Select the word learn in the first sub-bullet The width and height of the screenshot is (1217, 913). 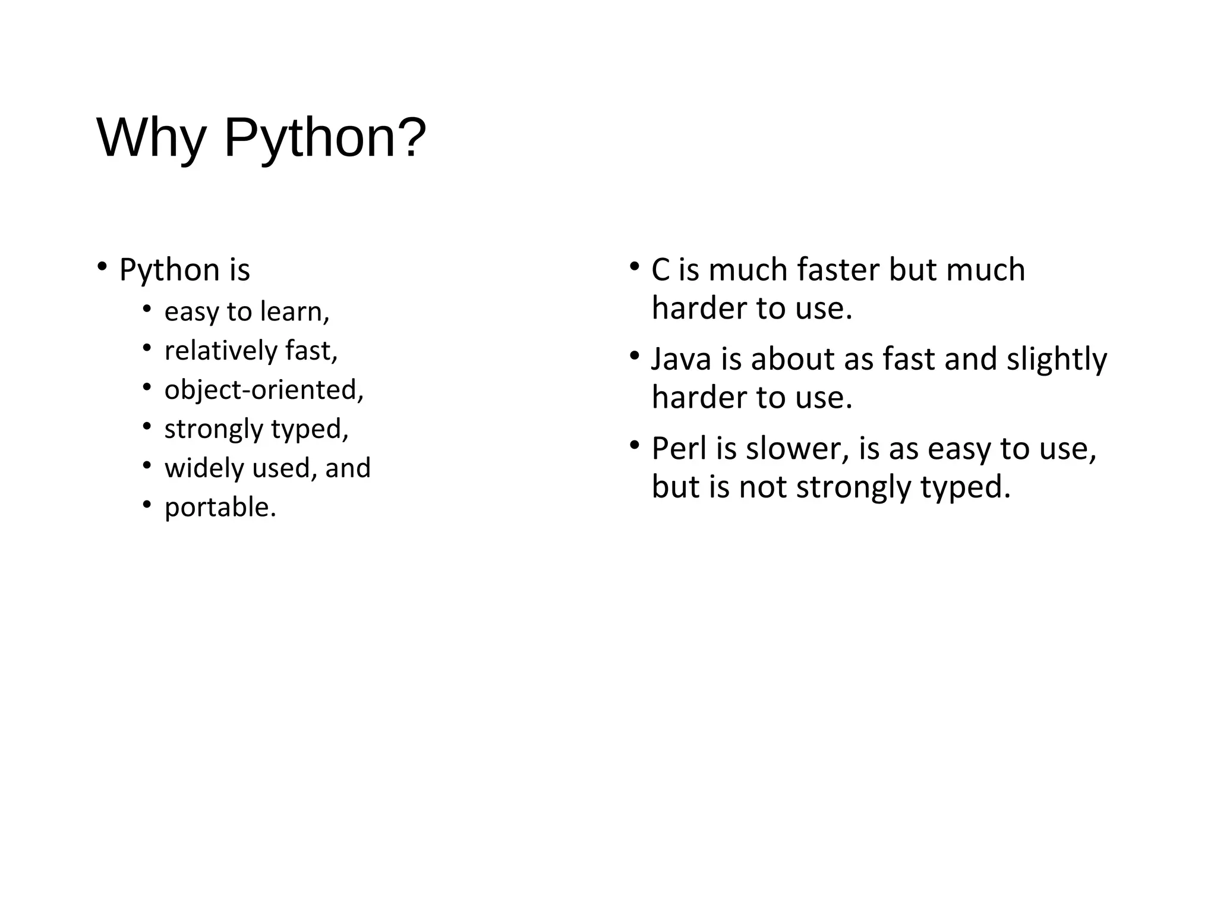pos(294,311)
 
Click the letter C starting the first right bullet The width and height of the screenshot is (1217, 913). pos(660,270)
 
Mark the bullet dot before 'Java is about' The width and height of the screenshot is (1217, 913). pos(634,355)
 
